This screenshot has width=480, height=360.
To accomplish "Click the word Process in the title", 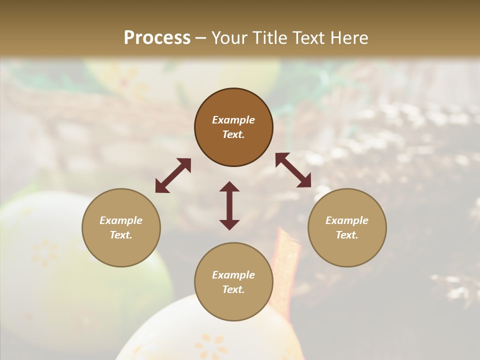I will tap(157, 38).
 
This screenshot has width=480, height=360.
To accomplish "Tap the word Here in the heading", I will tap(348, 38).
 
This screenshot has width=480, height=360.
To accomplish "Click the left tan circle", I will tap(121, 250).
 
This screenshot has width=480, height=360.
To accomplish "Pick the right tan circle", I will tap(347, 250).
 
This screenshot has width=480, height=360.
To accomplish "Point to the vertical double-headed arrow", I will tap(229, 205).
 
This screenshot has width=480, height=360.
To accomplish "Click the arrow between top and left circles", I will tap(173, 175).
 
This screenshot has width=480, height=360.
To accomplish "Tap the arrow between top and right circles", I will tap(293, 170).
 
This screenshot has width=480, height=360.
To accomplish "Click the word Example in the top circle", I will tap(233, 120).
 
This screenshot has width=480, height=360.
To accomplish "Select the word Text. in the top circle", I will tap(233, 134).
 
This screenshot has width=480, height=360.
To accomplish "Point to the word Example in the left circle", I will tap(121, 220).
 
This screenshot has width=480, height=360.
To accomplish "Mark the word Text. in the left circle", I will tap(121, 235).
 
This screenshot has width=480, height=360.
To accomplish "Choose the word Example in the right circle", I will tap(347, 220).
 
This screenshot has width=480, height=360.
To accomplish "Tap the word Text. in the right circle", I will tap(347, 235).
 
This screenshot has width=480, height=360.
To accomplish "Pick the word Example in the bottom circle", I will tap(233, 275).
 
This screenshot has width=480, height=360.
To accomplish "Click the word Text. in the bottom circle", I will tap(233, 289).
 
